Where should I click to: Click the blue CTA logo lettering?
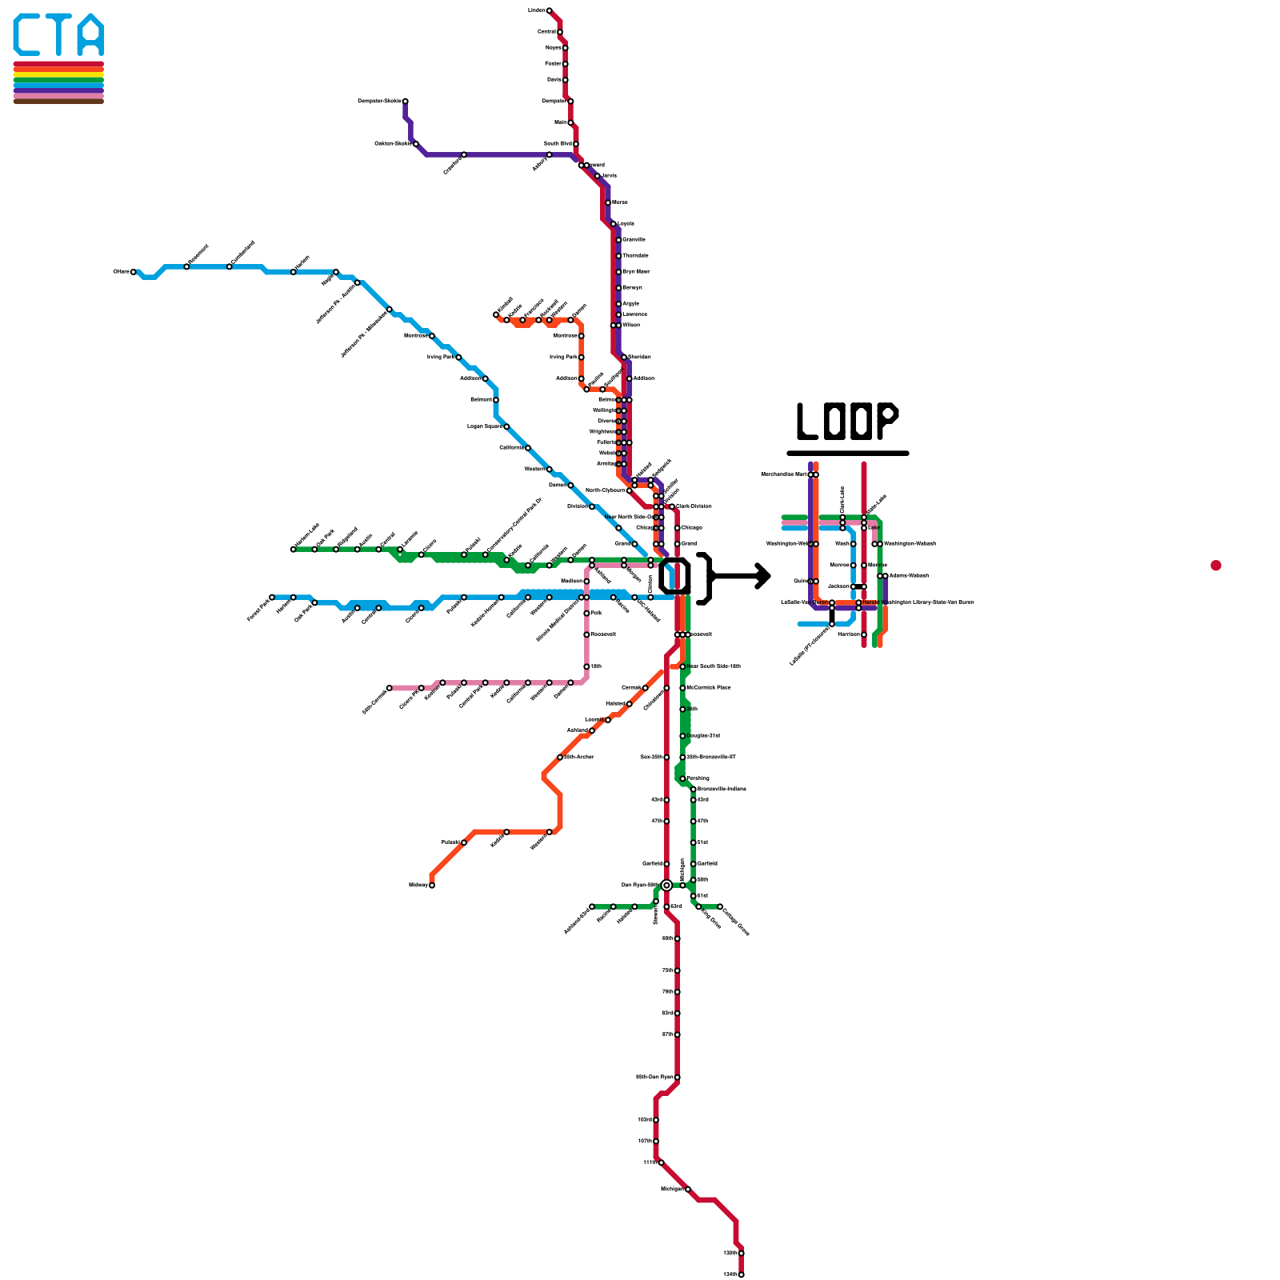pos(58,35)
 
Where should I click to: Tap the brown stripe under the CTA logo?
pos(58,101)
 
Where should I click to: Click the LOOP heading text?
pos(847,421)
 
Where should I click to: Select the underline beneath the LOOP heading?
pos(847,453)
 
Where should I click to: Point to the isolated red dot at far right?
pos(1216,566)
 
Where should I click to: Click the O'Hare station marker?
pos(134,272)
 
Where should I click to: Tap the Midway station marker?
pos(432,885)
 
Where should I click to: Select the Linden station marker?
pos(549,10)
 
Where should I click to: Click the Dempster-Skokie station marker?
pos(406,101)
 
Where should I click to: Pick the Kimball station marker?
pos(496,314)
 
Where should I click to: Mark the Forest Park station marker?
pos(272,597)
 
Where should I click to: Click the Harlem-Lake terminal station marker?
pos(293,550)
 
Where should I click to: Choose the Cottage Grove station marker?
pos(720,906)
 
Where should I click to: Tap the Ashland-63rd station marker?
pos(592,906)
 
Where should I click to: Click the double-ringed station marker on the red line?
pos(666,885)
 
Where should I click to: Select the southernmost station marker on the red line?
pos(742,1274)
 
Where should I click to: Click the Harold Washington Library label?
pos(928,602)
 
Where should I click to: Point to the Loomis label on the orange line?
pos(594,719)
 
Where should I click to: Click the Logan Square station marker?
pos(506,426)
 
